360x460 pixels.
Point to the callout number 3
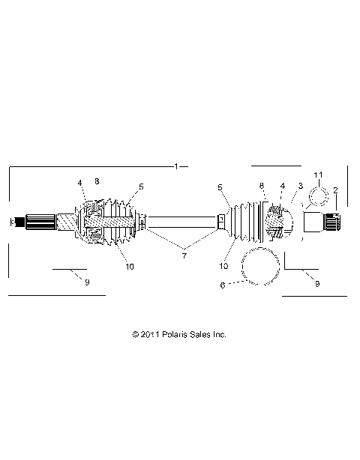[300, 185]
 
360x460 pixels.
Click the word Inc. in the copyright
[220, 334]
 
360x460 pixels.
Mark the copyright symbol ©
[135, 334]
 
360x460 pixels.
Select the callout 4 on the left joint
[79, 182]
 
